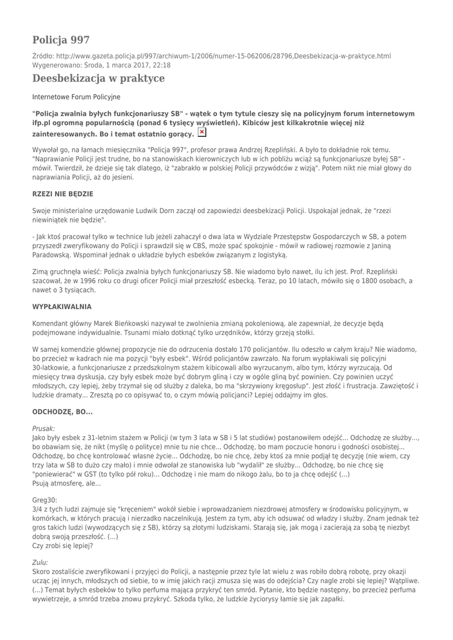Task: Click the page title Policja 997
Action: [x=61, y=39]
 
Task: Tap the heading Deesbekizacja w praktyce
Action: [x=98, y=78]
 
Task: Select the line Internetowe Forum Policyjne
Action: [x=76, y=97]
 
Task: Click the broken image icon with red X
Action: [x=202, y=132]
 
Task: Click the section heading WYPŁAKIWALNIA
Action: [x=62, y=307]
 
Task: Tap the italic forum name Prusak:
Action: [x=44, y=429]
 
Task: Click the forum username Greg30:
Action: [x=44, y=500]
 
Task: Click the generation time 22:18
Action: [x=161, y=65]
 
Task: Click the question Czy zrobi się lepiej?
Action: [x=62, y=546]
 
